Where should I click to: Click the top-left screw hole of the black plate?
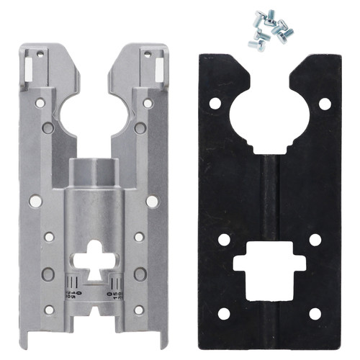pyautogui.click(x=214, y=104)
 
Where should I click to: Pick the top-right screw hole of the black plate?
pyautogui.click(x=324, y=104)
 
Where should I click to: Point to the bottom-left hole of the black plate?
pyautogui.click(x=224, y=313)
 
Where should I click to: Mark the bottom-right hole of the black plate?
pyautogui.click(x=315, y=313)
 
